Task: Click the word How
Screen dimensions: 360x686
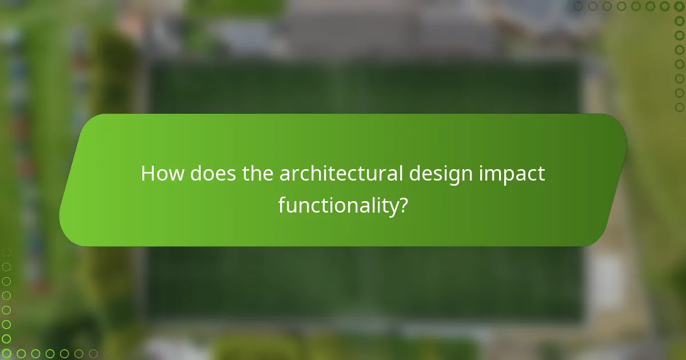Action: [162, 174]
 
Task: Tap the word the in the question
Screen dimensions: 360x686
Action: [258, 174]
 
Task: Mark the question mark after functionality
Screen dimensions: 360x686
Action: [402, 205]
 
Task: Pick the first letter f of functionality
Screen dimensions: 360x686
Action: [282, 204]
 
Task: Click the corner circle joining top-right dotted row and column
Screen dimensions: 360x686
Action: [679, 7]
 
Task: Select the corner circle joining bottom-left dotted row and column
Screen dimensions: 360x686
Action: [6, 354]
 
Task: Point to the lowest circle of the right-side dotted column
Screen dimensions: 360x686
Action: [679, 107]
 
